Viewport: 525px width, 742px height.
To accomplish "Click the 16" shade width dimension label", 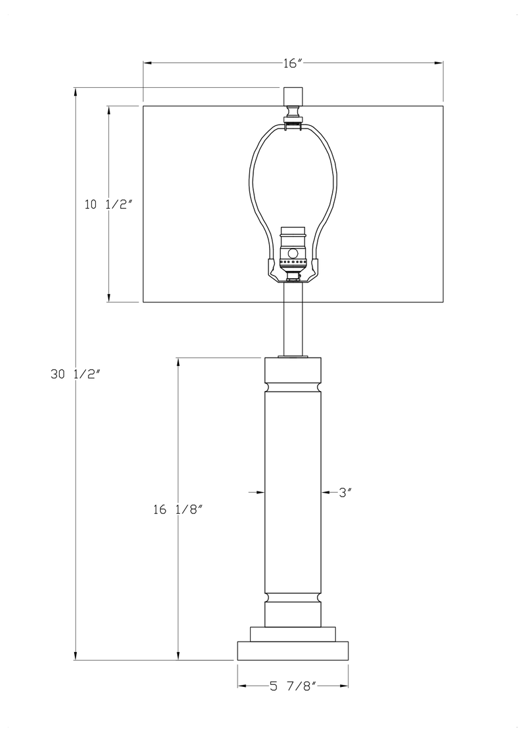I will click(292, 63).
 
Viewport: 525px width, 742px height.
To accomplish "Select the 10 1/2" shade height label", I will click(109, 204).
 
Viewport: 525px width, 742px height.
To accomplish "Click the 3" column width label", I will click(346, 491).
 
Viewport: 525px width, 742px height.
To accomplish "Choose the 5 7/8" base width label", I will click(293, 687).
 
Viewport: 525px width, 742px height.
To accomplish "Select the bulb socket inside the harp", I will click(293, 253).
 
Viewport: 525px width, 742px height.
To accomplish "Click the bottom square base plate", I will click(293, 650).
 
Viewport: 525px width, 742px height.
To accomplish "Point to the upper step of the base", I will click(293, 634).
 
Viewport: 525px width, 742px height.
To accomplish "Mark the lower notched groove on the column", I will click(293, 596).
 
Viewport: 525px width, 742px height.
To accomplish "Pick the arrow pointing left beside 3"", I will click(325, 491).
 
